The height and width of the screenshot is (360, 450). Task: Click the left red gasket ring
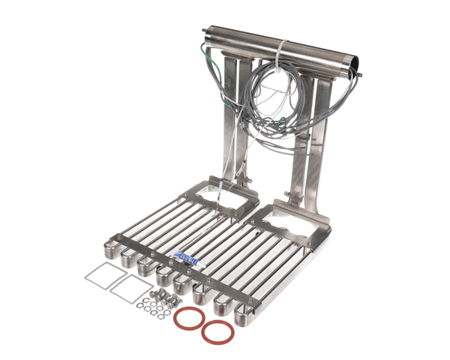click(189, 319)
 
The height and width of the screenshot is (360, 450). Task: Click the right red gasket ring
click(216, 331)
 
